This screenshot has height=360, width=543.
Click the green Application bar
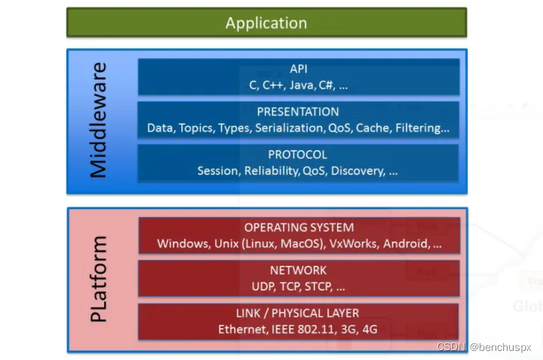coord(266,23)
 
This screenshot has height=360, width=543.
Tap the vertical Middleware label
coord(98,121)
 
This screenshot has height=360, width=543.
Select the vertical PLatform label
coord(99,279)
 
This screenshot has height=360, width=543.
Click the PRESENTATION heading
coord(298,112)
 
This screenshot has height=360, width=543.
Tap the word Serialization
coord(290,128)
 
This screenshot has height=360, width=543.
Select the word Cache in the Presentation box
coord(372,128)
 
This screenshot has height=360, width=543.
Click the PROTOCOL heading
coord(298,155)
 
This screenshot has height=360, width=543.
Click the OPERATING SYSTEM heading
coord(299,227)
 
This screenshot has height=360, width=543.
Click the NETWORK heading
coord(298,270)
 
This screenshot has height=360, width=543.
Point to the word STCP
coord(317,287)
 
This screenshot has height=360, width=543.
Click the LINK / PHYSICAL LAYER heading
coord(298,313)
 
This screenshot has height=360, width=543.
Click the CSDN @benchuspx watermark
coord(484,347)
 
